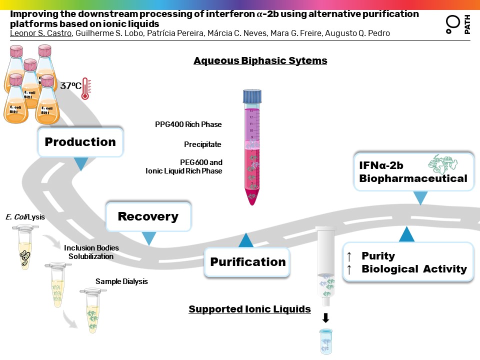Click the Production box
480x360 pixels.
click(80, 142)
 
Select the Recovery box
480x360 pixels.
click(148, 216)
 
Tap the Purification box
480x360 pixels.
click(247, 262)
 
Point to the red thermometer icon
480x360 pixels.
click(85, 88)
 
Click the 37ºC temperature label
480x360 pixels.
click(70, 85)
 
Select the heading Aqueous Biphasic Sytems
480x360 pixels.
click(260, 61)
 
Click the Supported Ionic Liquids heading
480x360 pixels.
click(249, 309)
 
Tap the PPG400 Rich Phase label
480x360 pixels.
click(188, 124)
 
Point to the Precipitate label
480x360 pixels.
click(202, 144)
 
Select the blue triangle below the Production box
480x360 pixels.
click(80, 163)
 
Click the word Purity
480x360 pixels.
click(378, 256)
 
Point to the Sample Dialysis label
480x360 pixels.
click(121, 281)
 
